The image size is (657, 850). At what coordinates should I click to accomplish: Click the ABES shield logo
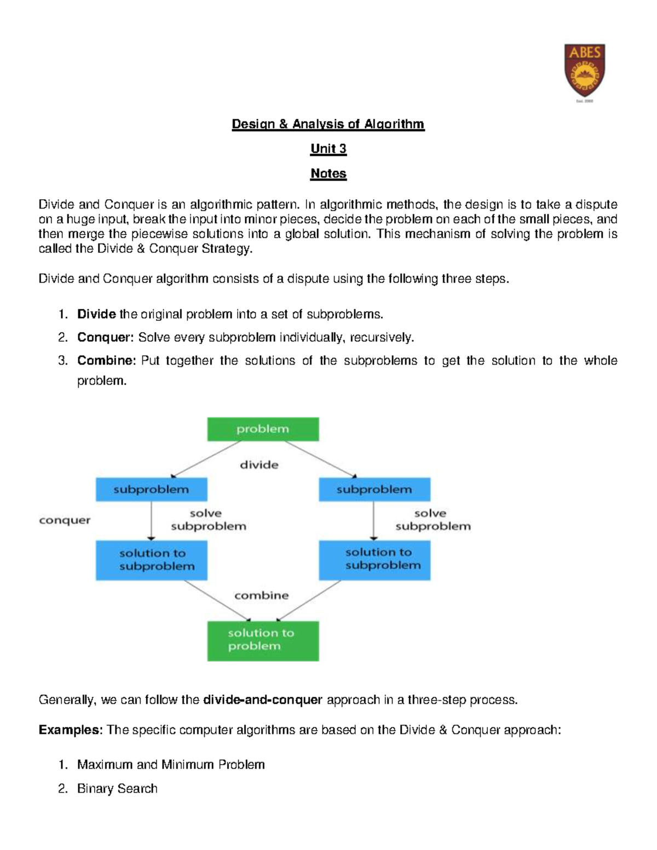585,71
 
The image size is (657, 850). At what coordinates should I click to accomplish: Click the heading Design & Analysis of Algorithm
328,124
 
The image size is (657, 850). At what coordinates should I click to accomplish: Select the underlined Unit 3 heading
328,149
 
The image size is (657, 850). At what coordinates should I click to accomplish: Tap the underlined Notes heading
328,174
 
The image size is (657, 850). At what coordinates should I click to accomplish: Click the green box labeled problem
263,429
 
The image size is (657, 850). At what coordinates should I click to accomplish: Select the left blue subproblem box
151,489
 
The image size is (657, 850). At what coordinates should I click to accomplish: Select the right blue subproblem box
374,489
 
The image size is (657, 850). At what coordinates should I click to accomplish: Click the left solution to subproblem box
151,560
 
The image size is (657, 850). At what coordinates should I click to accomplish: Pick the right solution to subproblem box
374,560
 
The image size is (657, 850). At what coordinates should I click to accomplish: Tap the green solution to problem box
263,640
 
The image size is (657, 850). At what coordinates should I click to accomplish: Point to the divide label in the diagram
259,465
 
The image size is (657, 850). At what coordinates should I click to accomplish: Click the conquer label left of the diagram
65,520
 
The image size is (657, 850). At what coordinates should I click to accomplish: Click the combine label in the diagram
261,595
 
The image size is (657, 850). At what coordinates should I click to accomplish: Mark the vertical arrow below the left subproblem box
151,521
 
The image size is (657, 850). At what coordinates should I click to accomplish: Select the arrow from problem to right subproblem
321,459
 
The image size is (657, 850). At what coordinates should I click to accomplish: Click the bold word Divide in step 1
96,314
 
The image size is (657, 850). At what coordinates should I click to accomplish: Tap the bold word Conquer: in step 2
105,337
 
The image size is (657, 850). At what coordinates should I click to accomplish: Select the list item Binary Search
117,789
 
